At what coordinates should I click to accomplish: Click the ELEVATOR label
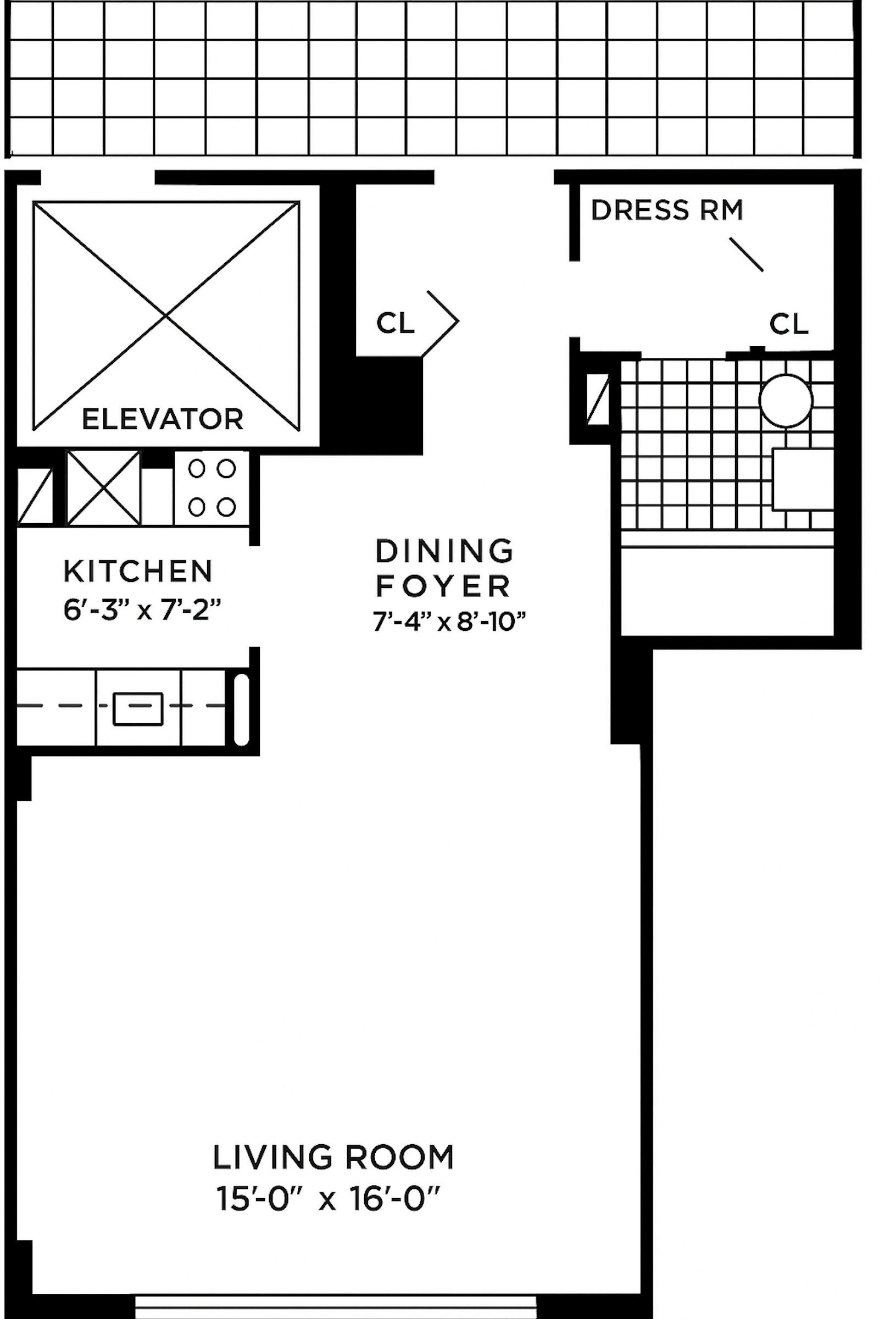pyautogui.click(x=163, y=419)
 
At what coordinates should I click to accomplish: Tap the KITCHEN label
pyautogui.click(x=138, y=572)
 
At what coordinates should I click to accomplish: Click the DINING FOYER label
pyautogui.click(x=444, y=569)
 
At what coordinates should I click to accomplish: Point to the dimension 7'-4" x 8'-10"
pyautogui.click(x=450, y=622)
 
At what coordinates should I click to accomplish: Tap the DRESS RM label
pyautogui.click(x=667, y=210)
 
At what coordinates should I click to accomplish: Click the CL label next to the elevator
pyautogui.click(x=395, y=323)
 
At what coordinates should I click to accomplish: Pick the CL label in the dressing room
pyautogui.click(x=789, y=324)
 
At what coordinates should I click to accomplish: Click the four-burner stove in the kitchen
pyautogui.click(x=212, y=488)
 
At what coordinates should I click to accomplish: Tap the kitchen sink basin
pyautogui.click(x=138, y=709)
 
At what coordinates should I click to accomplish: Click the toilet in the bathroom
pyautogui.click(x=803, y=479)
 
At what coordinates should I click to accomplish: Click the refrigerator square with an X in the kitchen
pyautogui.click(x=103, y=488)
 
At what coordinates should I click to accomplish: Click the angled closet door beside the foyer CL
pyautogui.click(x=440, y=324)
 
